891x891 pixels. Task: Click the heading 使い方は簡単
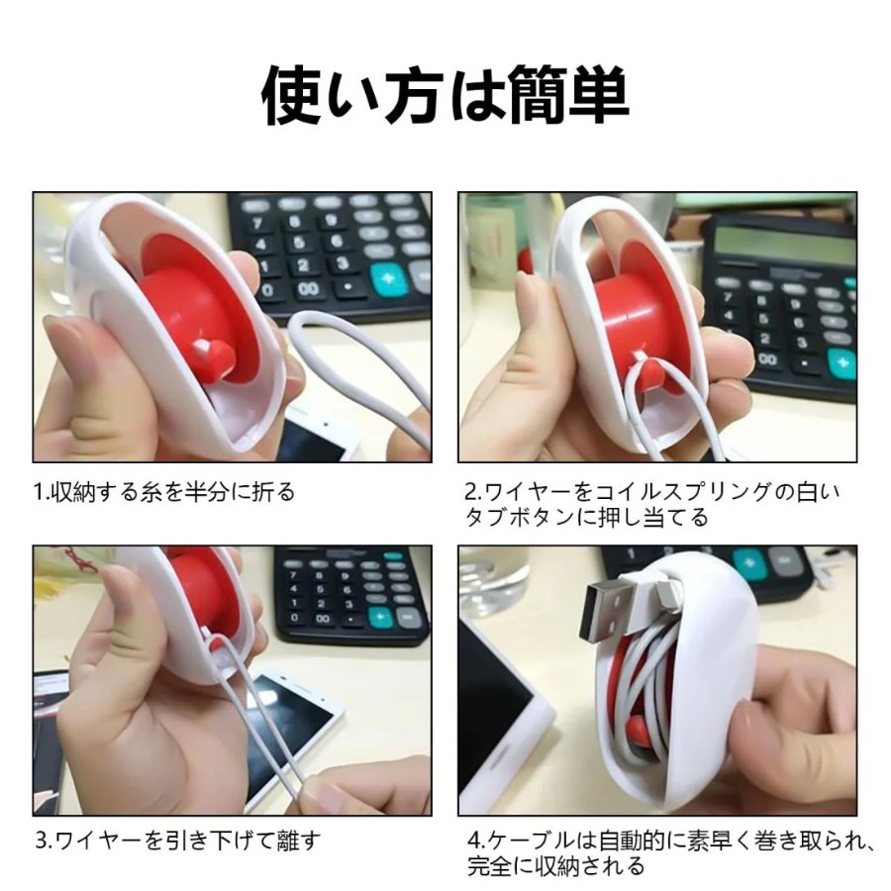click(445, 94)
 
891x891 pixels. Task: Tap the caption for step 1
click(164, 491)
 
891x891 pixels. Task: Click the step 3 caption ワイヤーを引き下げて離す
click(177, 841)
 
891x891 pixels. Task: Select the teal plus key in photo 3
click(379, 617)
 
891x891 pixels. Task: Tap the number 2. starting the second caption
click(473, 492)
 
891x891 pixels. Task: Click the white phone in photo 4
click(500, 716)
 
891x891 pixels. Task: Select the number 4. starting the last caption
click(476, 841)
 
